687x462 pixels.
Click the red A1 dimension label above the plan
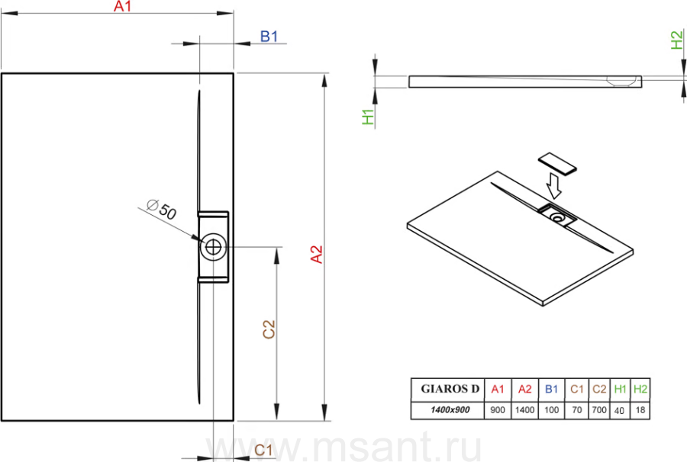coord(122,6)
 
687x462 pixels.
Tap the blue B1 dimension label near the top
coord(269,37)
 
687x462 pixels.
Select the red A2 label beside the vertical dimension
coord(316,254)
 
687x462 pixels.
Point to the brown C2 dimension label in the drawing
coord(269,329)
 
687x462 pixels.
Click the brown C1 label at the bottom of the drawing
coord(263,450)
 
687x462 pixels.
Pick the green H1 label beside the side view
coord(368,117)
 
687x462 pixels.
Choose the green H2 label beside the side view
coord(677,40)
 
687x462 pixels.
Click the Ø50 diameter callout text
coord(162,209)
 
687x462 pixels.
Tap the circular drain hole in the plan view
coord(214,247)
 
